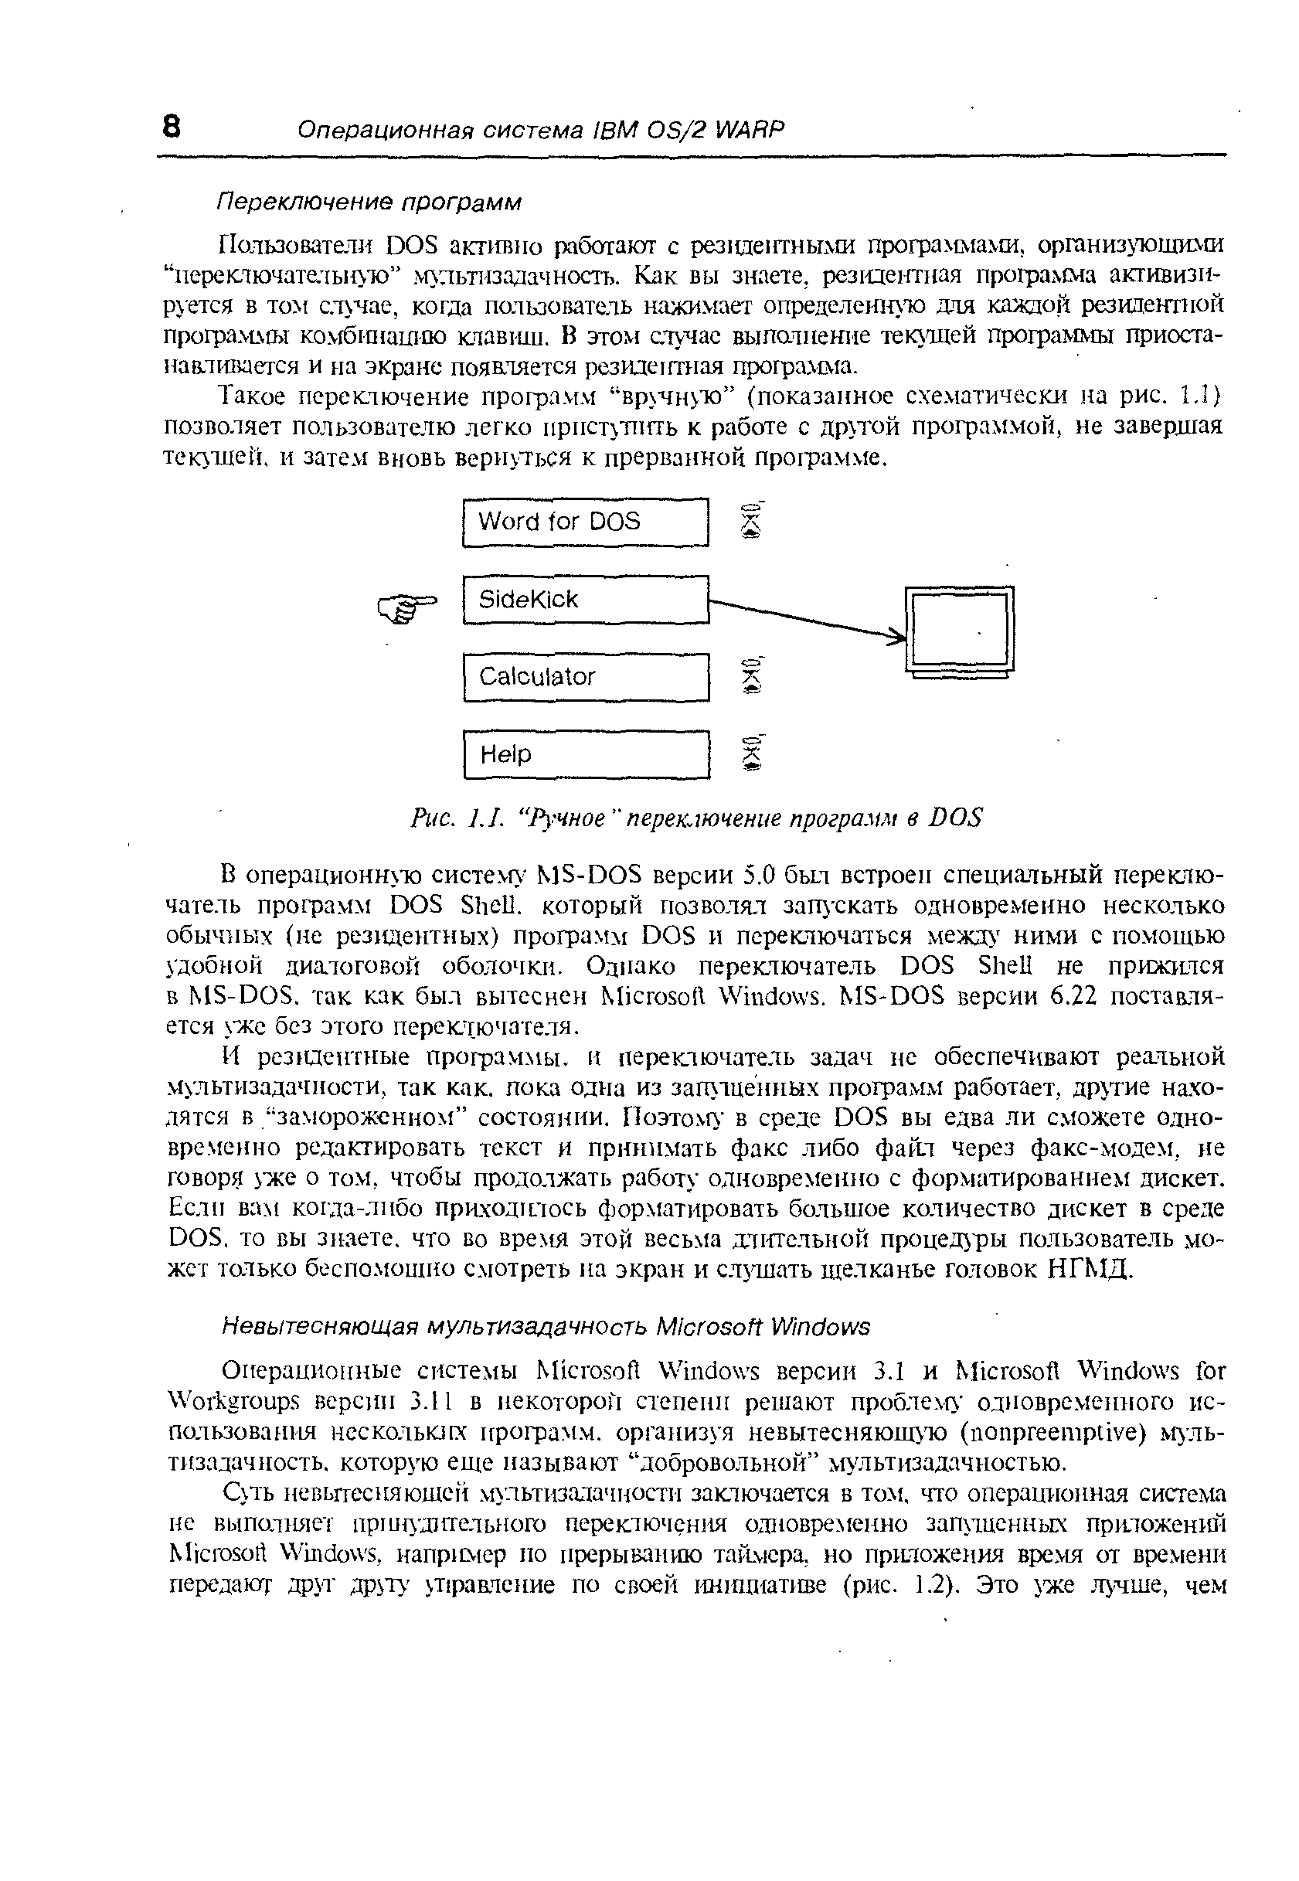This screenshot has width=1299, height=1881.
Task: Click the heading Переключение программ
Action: click(x=369, y=201)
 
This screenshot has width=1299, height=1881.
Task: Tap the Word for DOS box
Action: click(x=585, y=522)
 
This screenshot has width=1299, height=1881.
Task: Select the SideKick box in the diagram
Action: click(x=585, y=600)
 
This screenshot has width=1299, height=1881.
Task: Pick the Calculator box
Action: click(x=585, y=677)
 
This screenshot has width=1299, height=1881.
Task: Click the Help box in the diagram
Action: click(x=585, y=754)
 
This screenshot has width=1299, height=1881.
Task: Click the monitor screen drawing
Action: click(x=960, y=629)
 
